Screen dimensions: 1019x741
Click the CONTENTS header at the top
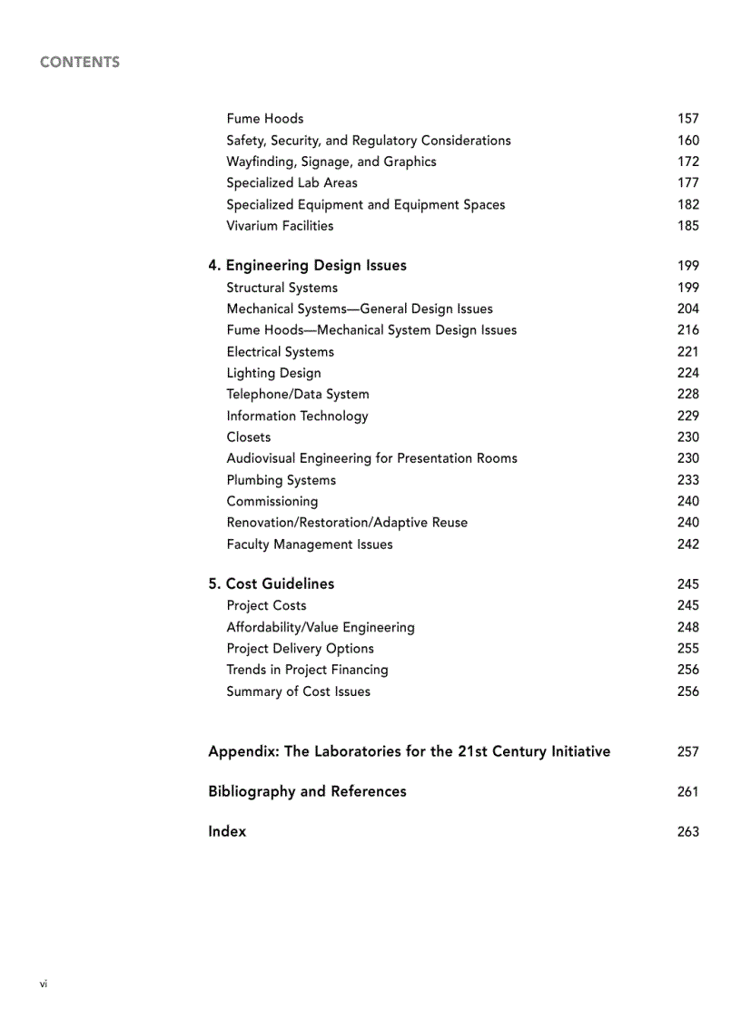(80, 63)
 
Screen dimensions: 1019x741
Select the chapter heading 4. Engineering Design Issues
(307, 266)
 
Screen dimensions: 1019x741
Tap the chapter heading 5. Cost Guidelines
(271, 584)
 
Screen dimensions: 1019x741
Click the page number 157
(687, 119)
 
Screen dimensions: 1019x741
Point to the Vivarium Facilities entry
(280, 226)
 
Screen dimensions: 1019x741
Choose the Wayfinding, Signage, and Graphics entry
(331, 162)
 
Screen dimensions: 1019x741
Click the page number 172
(687, 162)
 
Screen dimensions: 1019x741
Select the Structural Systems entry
(282, 288)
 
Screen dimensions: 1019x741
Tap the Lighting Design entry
(273, 373)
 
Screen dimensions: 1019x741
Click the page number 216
(687, 330)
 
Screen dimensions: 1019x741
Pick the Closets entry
(248, 437)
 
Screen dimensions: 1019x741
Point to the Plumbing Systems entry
(281, 480)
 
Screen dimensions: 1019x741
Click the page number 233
(687, 480)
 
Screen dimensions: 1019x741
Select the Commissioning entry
(272, 502)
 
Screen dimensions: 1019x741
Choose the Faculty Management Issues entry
(309, 544)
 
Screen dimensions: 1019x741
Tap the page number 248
(687, 627)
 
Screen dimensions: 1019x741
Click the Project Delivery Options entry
(300, 649)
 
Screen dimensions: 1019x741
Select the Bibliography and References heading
(307, 792)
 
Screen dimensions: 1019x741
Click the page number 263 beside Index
(687, 832)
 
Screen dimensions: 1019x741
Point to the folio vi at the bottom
(44, 984)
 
